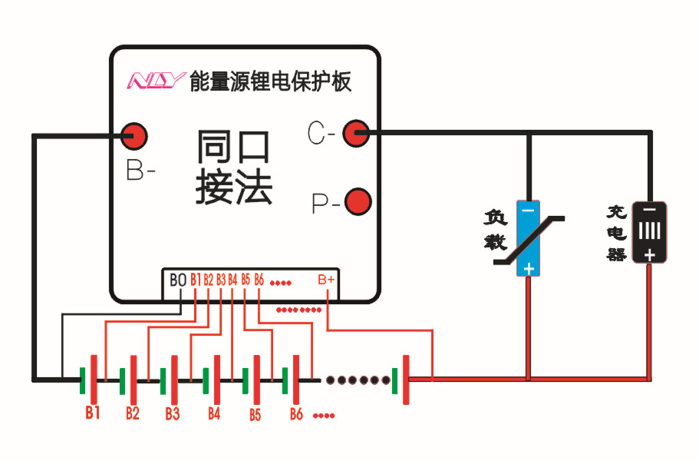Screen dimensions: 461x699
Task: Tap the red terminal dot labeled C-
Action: tap(355, 133)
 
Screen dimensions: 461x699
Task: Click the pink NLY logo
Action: tap(156, 81)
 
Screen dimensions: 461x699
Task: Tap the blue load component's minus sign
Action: tap(528, 209)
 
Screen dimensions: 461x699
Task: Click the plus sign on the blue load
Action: tap(528, 268)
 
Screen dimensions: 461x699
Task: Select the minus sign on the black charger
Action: tap(649, 209)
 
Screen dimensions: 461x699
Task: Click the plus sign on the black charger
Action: tap(649, 256)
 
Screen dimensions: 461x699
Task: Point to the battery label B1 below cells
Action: tap(93, 413)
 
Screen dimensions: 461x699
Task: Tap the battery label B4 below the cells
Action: tap(214, 413)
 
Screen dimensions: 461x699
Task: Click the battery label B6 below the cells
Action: tap(296, 414)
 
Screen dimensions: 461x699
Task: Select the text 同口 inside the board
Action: tap(233, 148)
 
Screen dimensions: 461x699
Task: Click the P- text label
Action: tap(324, 204)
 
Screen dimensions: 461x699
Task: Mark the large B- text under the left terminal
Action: tap(140, 171)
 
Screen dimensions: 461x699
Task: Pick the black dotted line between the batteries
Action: tap(358, 380)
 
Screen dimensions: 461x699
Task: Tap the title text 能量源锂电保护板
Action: tap(270, 81)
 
